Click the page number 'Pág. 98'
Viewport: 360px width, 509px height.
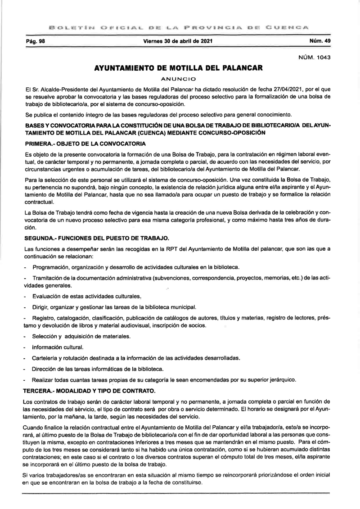35,41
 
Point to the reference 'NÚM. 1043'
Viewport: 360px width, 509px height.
315,58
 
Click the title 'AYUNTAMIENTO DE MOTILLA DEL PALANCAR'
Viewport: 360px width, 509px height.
178,69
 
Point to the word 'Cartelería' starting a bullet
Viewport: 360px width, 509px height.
45,358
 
